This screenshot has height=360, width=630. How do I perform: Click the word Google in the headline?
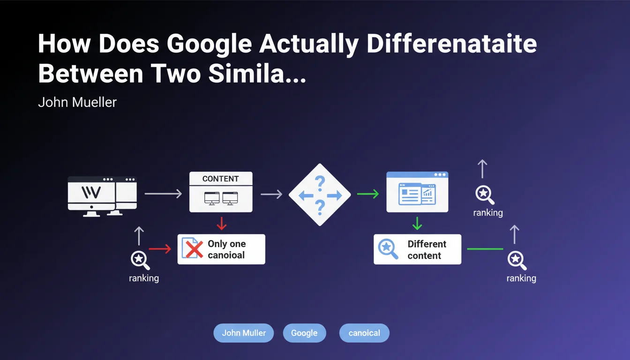[209, 45]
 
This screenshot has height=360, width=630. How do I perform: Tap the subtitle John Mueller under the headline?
[77, 102]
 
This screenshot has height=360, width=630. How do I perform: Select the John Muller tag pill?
[244, 333]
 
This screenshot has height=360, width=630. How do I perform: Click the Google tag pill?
[304, 333]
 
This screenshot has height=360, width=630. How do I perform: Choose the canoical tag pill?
[364, 333]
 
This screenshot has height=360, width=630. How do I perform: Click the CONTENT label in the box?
[220, 179]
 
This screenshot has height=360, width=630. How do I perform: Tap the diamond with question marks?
[320, 195]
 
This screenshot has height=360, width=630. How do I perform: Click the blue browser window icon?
[417, 192]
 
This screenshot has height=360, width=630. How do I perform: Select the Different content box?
[417, 249]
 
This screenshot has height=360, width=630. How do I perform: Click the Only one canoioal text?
[227, 249]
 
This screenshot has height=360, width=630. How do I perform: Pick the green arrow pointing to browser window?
[368, 194]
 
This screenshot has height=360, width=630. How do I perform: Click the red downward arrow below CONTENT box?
[222, 223]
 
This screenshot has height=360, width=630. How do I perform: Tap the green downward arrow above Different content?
[417, 223]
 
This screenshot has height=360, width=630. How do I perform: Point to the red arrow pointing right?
[160, 248]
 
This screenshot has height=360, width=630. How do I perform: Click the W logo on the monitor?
[91, 192]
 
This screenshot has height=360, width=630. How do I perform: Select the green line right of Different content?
[485, 249]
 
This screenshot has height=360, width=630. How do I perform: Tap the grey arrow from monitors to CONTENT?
[163, 194]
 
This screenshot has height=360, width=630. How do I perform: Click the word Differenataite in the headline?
[452, 44]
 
